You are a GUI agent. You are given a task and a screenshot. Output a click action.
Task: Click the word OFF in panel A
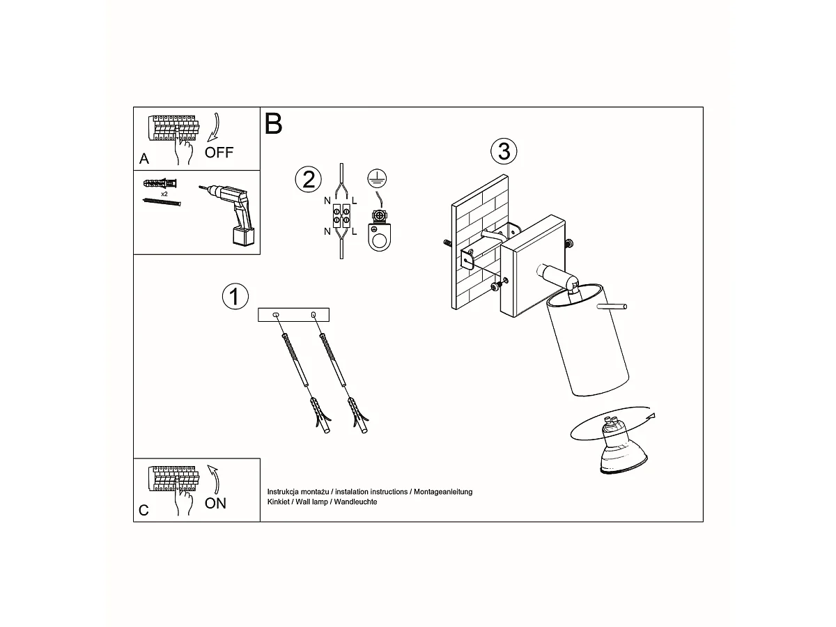219,153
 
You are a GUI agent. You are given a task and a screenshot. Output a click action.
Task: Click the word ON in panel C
215,503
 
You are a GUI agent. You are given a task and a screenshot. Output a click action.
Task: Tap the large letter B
273,123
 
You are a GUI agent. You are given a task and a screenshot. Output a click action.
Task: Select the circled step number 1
235,296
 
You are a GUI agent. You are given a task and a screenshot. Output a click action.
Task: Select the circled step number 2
308,179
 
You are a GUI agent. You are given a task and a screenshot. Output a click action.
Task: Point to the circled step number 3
504,151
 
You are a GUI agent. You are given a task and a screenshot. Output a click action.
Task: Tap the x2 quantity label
164,194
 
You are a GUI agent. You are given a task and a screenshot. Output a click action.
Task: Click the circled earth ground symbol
377,178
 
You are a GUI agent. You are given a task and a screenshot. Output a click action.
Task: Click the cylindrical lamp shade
587,340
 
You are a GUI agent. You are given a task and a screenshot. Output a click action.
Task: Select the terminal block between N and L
341,216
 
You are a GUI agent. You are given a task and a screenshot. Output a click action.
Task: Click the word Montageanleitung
443,491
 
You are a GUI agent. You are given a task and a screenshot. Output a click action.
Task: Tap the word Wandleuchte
355,502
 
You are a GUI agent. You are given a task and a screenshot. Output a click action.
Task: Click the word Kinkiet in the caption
279,502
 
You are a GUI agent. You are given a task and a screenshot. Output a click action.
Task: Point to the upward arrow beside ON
214,479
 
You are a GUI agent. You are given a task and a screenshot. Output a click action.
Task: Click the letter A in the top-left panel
144,158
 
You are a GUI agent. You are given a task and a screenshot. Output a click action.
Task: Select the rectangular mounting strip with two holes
293,315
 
